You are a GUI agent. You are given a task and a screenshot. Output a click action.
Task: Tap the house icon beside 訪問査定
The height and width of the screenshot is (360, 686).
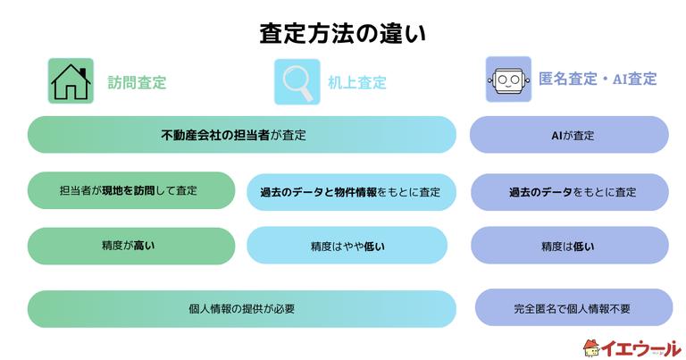(x=71, y=81)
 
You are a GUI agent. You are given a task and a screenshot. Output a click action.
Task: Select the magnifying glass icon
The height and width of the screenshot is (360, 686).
(x=297, y=81)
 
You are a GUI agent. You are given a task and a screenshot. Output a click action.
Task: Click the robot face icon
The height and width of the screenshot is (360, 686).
(x=508, y=80)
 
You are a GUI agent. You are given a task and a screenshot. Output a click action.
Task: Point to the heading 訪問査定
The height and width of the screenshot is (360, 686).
(x=137, y=82)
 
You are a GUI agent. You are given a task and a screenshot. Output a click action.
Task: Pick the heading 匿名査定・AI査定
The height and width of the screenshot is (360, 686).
(x=598, y=80)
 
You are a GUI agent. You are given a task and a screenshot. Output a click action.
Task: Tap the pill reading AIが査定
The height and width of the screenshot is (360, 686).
(x=569, y=135)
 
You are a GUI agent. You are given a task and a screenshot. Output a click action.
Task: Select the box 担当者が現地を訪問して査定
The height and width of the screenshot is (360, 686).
(x=130, y=190)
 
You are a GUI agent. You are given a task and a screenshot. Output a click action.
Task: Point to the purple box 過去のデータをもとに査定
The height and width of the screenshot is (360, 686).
(x=570, y=192)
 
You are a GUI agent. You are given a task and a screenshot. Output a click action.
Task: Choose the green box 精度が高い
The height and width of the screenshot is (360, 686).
(x=130, y=246)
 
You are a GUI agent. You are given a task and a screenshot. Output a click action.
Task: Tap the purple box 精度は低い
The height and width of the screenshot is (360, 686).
(x=570, y=246)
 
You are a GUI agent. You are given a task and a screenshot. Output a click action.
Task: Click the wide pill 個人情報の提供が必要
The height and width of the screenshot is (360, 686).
(x=242, y=308)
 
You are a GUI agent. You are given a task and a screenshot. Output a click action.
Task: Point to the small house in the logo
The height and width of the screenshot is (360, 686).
(x=591, y=347)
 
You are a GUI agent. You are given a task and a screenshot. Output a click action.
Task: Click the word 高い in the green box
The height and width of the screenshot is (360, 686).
(x=144, y=246)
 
